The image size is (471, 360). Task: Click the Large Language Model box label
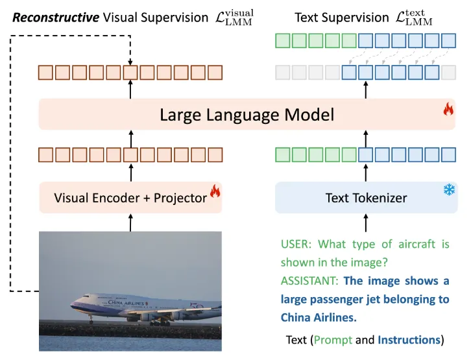(247, 115)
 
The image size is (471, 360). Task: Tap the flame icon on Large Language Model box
(448, 109)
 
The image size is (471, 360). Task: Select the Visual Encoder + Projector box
(130, 198)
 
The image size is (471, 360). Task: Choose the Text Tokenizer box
(366, 198)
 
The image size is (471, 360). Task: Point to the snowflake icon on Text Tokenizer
(448, 190)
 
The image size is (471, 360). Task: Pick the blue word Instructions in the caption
(409, 340)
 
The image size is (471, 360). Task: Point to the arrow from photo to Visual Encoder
(131, 222)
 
